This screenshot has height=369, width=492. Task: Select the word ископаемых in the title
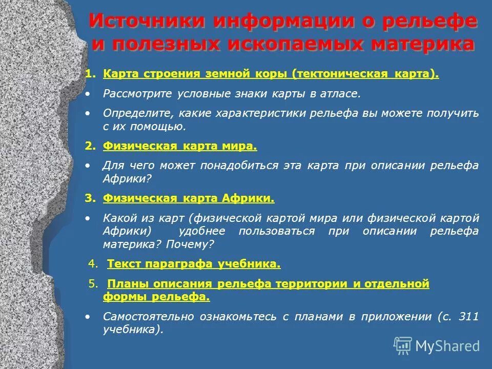[283, 44]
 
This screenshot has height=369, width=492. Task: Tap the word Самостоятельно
[149, 317]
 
